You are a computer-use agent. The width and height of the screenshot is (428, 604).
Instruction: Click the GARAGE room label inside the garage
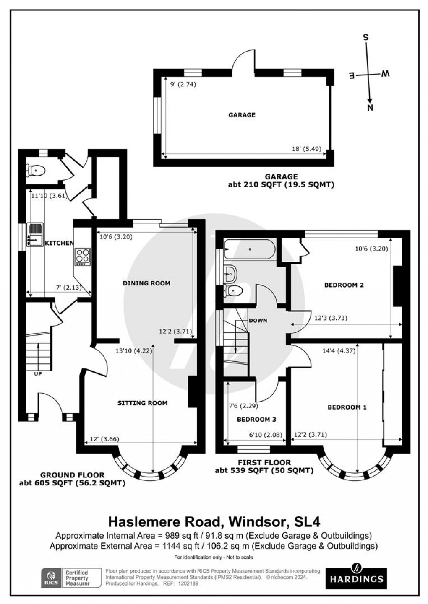pos(242,115)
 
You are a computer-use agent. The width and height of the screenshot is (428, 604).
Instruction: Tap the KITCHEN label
pos(59,243)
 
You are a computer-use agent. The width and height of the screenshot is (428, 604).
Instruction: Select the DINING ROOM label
pos(146,283)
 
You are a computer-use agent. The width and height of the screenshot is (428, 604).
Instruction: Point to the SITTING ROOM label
pos(142,403)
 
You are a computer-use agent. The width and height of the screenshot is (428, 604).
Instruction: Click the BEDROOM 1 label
pos(347,407)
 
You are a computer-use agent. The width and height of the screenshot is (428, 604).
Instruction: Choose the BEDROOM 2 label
pos(344,285)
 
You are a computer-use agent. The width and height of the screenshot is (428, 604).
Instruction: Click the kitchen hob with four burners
pos(82,257)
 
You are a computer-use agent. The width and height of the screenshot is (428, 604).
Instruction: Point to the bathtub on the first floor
pos(249,250)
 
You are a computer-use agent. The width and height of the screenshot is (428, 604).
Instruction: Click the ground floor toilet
pos(36,170)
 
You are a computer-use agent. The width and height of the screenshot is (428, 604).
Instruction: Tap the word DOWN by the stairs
pos(258,321)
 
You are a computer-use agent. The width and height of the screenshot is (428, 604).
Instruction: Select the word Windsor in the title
pos(253,522)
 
